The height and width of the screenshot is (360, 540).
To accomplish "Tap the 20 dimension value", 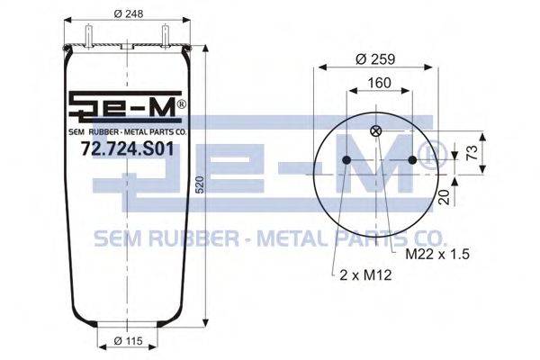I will click(x=443, y=196).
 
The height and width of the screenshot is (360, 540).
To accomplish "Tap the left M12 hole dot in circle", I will click(x=346, y=160).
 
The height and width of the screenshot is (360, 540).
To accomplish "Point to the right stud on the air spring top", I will click(x=167, y=34).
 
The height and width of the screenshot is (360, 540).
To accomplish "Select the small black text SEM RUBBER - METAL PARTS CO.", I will click(x=127, y=131).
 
